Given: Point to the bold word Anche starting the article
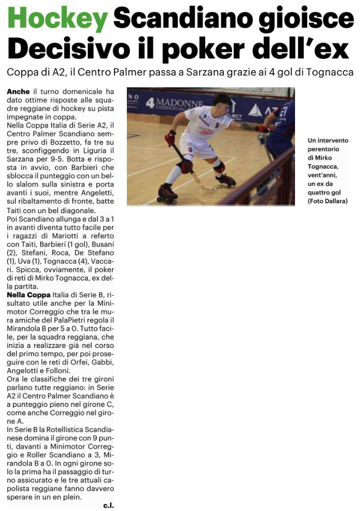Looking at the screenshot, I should click(19, 91).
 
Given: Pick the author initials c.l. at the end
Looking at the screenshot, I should click(108, 505).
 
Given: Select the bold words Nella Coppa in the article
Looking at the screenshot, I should click(28, 294).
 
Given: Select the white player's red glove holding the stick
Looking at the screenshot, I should click(170, 137).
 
